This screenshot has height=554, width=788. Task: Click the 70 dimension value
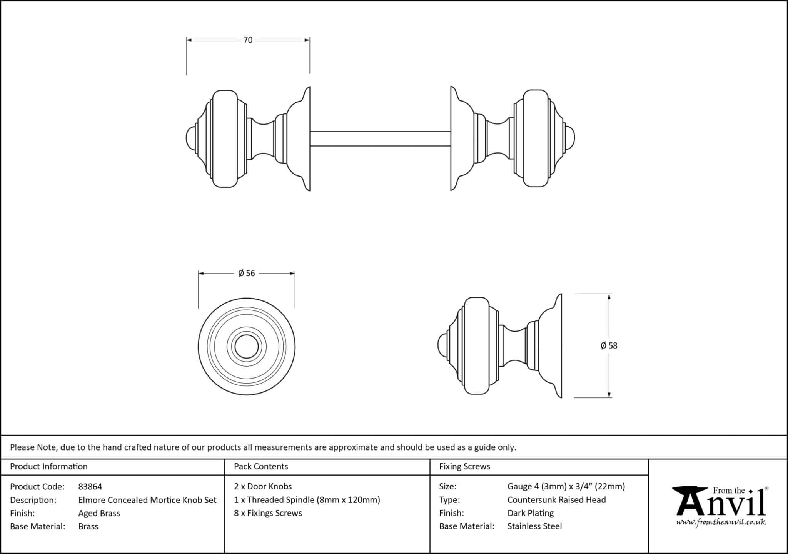pyautogui.click(x=248, y=40)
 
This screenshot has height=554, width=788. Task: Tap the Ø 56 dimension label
pyautogui.click(x=247, y=273)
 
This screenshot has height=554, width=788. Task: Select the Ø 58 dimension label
pyautogui.click(x=609, y=345)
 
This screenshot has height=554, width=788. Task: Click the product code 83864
pyautogui.click(x=90, y=487)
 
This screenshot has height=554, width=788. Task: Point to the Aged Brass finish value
pyautogui.click(x=99, y=513)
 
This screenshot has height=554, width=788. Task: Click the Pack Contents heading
pyautogui.click(x=261, y=466)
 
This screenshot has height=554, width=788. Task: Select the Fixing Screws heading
pyautogui.click(x=464, y=466)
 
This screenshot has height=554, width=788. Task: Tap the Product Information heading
pyautogui.click(x=49, y=466)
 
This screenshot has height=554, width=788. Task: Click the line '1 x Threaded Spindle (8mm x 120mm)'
pyautogui.click(x=307, y=500)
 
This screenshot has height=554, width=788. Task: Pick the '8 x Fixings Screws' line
pyautogui.click(x=268, y=513)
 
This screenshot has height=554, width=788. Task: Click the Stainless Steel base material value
pyautogui.click(x=534, y=526)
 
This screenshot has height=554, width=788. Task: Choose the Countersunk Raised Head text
pyautogui.click(x=556, y=500)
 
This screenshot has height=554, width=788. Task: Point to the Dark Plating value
pyautogui.click(x=531, y=513)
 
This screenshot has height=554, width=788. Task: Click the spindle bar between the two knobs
pyautogui.click(x=380, y=138)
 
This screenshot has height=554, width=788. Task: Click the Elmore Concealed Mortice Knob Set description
pyautogui.click(x=147, y=500)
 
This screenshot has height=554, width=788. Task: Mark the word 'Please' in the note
pyautogui.click(x=22, y=447)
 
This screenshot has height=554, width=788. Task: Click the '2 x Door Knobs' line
pyautogui.click(x=263, y=486)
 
